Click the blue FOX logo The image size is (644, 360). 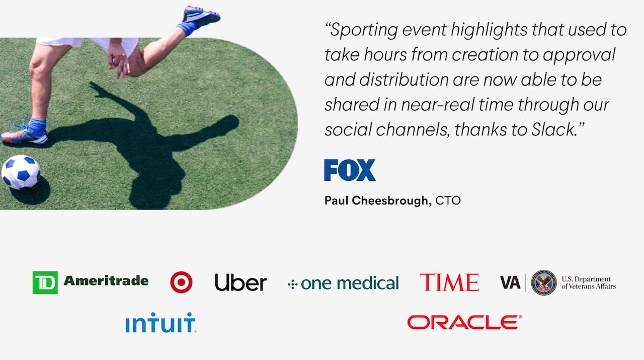350,170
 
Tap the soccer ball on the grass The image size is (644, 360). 21,172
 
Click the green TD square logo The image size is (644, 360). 45,282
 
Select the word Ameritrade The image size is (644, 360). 106,280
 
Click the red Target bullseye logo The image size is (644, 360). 182,282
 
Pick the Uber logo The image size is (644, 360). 240,282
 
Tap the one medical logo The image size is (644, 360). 343,283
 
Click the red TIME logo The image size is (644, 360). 449,282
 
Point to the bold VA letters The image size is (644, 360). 510,282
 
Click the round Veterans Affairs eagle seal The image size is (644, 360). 544,282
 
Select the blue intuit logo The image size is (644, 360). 160,323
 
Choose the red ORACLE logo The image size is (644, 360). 464,322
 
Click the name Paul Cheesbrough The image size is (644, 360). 378,200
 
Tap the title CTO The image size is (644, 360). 448,200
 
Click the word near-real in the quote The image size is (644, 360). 437,104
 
